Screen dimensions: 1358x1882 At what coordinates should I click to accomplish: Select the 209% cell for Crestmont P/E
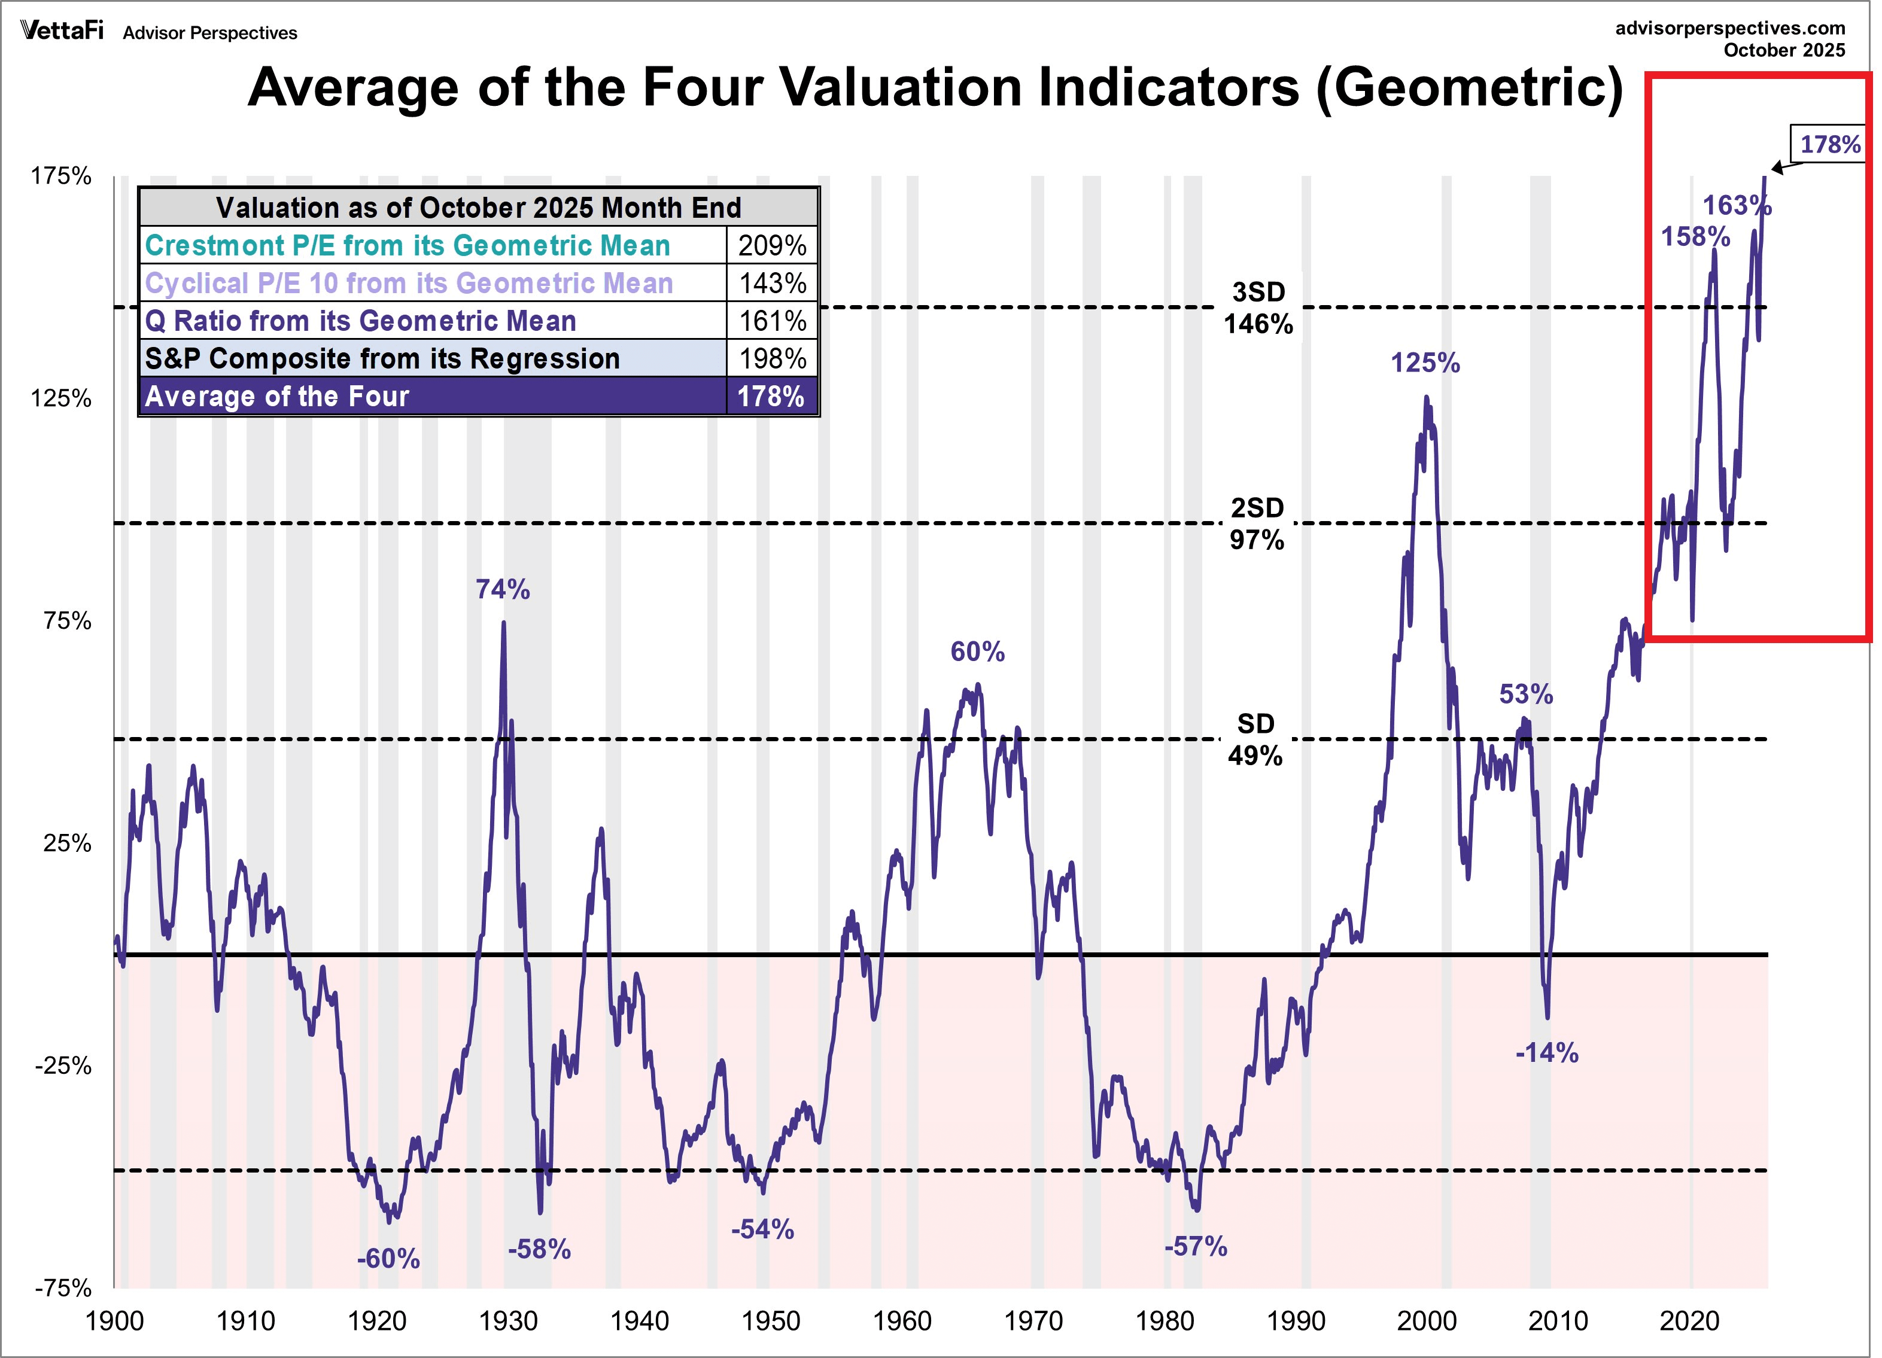tap(772, 245)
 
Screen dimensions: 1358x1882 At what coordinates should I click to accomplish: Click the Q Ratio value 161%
tap(772, 321)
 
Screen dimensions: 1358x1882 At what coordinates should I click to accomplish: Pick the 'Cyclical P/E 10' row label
tap(408, 284)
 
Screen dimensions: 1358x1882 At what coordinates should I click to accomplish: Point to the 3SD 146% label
tap(1258, 307)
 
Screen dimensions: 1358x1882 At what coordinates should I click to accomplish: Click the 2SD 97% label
tap(1256, 523)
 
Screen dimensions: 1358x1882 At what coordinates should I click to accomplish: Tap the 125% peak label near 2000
tap(1425, 363)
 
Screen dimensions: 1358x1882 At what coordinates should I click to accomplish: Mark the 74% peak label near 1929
tap(502, 589)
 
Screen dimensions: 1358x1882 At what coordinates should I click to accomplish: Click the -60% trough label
tap(388, 1259)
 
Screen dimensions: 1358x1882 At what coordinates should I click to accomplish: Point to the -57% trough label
tap(1195, 1246)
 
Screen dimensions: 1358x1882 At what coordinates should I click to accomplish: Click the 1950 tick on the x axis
tap(771, 1321)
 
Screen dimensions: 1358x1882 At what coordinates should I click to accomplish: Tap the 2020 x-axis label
tap(1689, 1321)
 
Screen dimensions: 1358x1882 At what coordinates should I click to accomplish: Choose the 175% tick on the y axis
tap(60, 176)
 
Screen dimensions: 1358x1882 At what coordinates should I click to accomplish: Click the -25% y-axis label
tap(62, 1065)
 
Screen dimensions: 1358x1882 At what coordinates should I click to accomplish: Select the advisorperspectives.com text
tap(1729, 28)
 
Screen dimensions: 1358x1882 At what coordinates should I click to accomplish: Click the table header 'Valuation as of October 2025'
tap(478, 208)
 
